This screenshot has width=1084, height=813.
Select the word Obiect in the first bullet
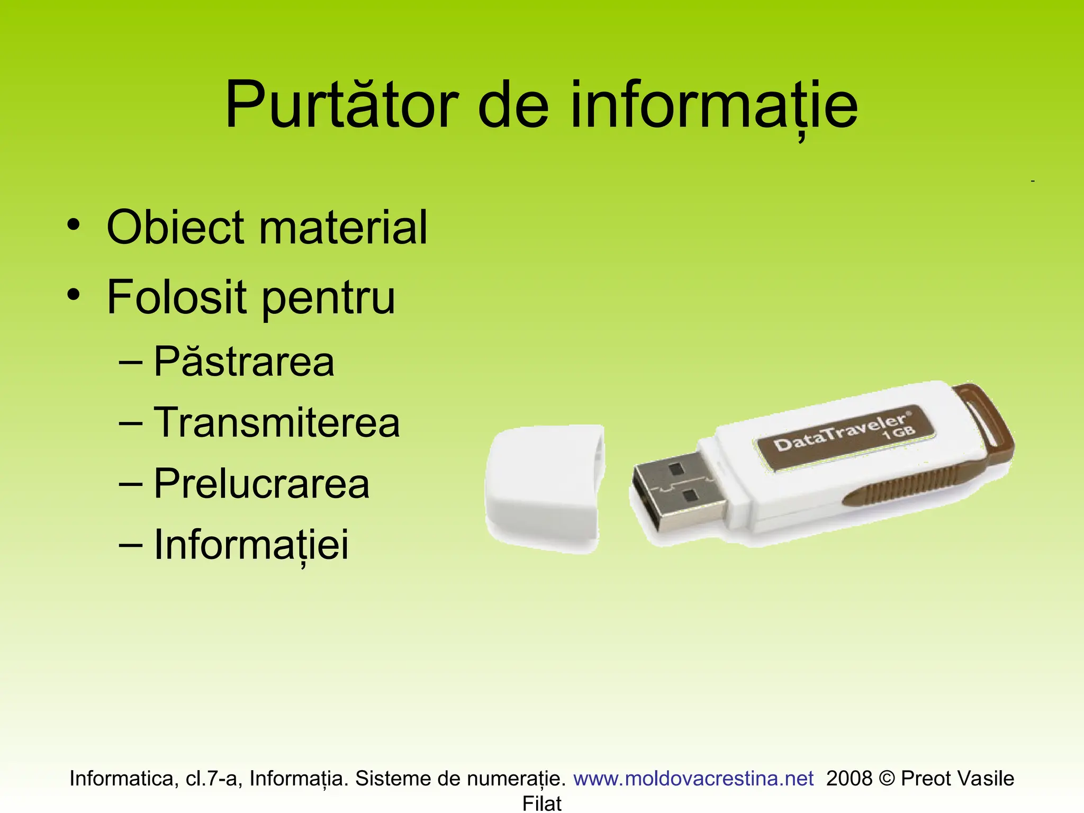(175, 228)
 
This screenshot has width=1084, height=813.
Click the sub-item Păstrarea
(243, 362)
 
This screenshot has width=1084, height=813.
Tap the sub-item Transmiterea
(276, 423)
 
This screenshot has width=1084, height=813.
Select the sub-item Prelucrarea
(261, 484)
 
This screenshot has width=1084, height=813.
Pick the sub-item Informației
(251, 545)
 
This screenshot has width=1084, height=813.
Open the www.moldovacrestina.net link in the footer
(693, 779)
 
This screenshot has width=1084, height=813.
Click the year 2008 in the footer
(849, 779)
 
